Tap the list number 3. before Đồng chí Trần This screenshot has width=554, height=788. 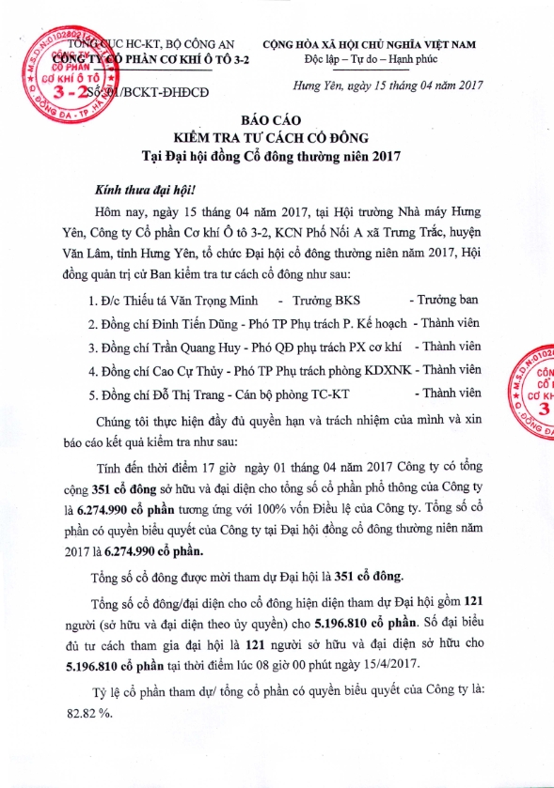pyautogui.click(x=92, y=347)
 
